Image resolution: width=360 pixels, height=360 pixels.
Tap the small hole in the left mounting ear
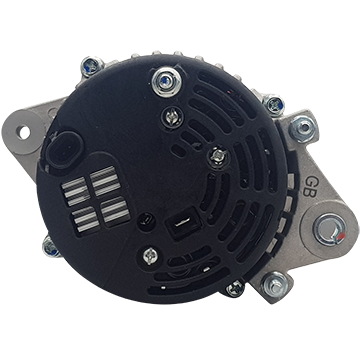[24, 133]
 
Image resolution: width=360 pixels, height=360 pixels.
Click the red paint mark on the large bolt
[340, 237]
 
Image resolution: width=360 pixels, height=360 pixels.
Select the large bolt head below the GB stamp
[330, 229]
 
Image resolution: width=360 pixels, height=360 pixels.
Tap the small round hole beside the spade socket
[146, 220]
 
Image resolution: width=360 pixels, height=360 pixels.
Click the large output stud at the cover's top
[166, 82]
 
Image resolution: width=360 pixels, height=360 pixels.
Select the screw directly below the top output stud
[172, 117]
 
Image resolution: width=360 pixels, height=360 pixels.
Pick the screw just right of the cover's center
[218, 156]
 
